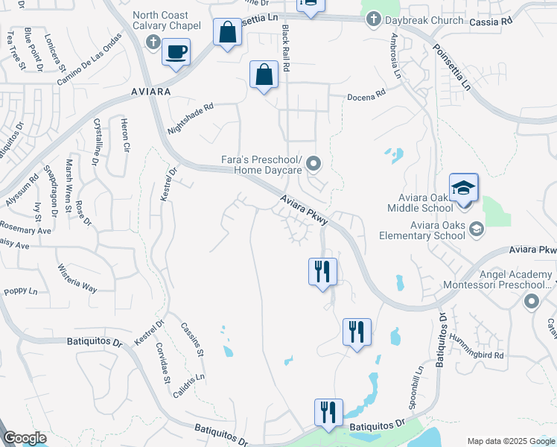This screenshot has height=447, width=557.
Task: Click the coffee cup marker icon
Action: coord(176,53)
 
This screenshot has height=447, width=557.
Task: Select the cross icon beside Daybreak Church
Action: coord(372,21)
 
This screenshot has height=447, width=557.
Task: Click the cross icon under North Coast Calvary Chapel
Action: coord(153,41)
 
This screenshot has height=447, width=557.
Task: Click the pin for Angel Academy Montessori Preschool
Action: coord(532,301)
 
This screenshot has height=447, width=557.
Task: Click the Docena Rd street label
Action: coord(366,95)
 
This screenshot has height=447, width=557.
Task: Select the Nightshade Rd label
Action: coord(190,117)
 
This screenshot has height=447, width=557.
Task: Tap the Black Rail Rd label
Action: coord(285,47)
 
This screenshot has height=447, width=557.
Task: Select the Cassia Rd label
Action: coord(491,22)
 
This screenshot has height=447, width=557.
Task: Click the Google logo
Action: coord(25,438)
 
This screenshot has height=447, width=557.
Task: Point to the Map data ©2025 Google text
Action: coord(510,440)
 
